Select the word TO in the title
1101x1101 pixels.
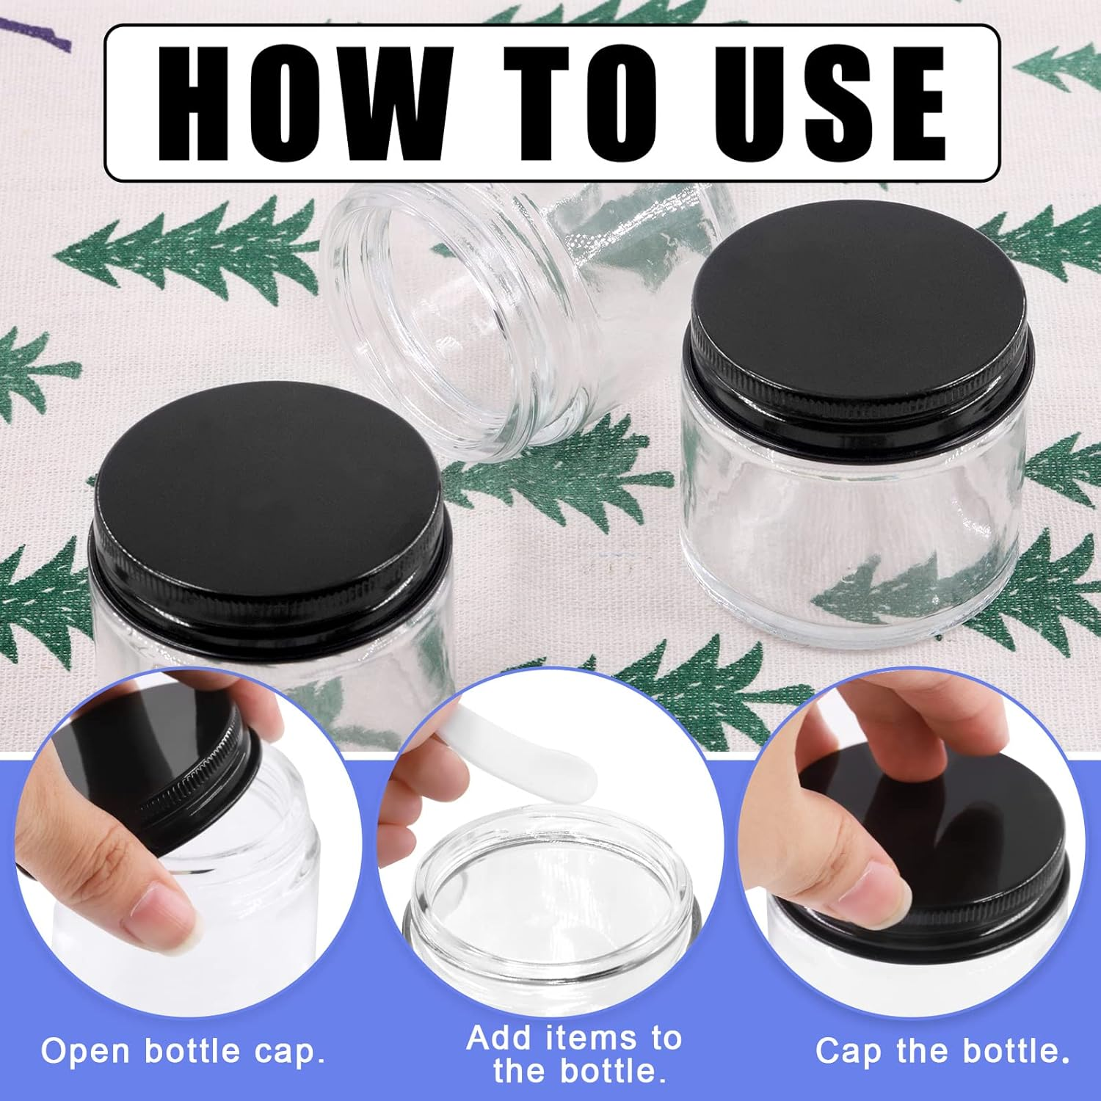coord(580,103)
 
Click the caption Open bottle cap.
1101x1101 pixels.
coord(183,1051)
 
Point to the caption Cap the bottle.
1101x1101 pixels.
coord(942,1051)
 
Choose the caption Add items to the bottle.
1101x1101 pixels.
coord(575,1054)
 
